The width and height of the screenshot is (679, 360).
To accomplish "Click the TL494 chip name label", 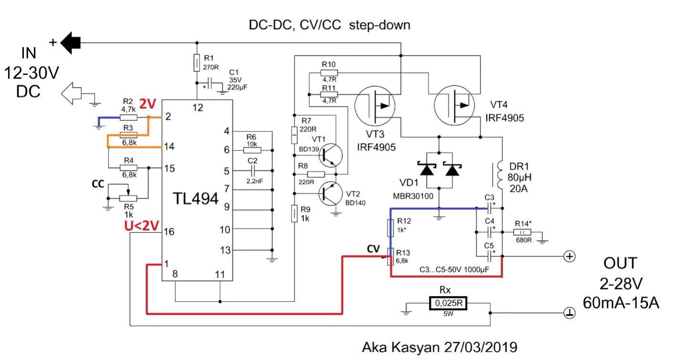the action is pyautogui.click(x=196, y=199).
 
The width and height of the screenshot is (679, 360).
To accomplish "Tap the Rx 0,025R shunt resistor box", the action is pyautogui.click(x=449, y=303).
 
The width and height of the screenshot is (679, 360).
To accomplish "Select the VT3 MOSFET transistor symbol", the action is pyautogui.click(x=375, y=106).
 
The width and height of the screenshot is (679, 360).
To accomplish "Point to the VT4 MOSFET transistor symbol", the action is pyautogui.click(x=454, y=105).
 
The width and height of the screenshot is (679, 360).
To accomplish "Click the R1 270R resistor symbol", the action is pyautogui.click(x=197, y=63).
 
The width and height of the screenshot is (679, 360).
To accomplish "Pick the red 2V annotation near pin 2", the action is pyautogui.click(x=147, y=105).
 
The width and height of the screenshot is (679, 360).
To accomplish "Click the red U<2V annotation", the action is pyautogui.click(x=142, y=226).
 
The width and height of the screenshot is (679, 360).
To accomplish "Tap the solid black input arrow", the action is pyautogui.click(x=70, y=43).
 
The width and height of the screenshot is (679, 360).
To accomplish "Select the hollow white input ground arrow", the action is pyautogui.click(x=71, y=94).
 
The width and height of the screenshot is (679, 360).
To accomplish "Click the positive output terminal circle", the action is pyautogui.click(x=570, y=256).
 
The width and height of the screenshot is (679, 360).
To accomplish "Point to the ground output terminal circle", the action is pyautogui.click(x=570, y=313).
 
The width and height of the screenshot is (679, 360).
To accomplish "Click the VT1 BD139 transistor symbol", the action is pyautogui.click(x=330, y=155).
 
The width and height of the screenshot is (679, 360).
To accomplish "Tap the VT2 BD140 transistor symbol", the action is pyautogui.click(x=331, y=193).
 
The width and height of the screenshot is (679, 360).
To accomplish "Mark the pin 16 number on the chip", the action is pyautogui.click(x=169, y=232).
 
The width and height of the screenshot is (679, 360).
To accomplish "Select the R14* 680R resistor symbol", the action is pyautogui.click(x=522, y=233).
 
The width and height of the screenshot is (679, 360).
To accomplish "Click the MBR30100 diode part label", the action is pyautogui.click(x=413, y=196).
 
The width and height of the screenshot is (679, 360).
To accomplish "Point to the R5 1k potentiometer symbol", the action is pyautogui.click(x=128, y=198).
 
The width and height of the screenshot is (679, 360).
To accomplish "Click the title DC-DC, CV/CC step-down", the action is pyautogui.click(x=330, y=25).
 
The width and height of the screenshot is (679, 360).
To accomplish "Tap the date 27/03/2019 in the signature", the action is pyautogui.click(x=481, y=347).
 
